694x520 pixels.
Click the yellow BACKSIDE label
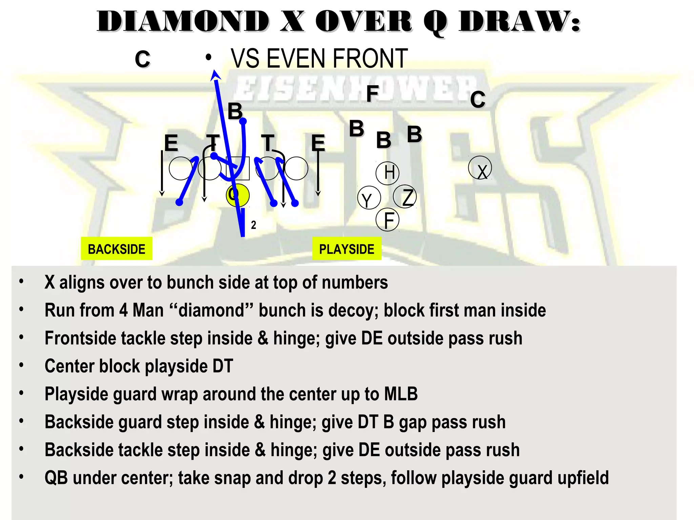tap(116, 249)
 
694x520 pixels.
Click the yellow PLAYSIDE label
tap(346, 249)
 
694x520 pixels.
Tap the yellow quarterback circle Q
tap(238, 195)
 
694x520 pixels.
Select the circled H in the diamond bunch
tap(388, 173)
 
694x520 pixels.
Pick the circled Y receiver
tap(369, 198)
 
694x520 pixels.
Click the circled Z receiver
tap(405, 197)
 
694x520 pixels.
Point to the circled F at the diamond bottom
tap(388, 220)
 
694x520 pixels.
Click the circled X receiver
tap(480, 168)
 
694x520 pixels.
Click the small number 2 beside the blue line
tap(253, 225)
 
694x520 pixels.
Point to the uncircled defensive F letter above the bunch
tap(372, 93)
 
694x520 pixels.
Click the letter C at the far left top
tap(142, 59)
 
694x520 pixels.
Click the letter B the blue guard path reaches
tap(235, 111)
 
